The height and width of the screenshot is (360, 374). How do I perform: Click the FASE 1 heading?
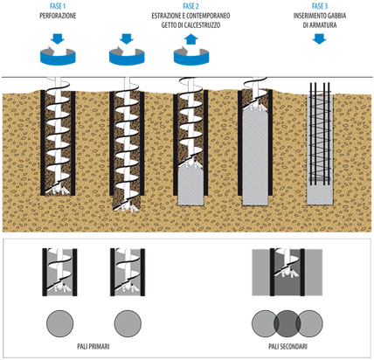pyautogui.click(x=58, y=6)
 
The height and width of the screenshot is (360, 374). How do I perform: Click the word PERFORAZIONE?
pyautogui.click(x=58, y=16)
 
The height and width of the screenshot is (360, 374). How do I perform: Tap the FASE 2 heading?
pyautogui.click(x=190, y=6)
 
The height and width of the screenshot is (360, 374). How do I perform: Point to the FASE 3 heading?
pyautogui.click(x=320, y=6)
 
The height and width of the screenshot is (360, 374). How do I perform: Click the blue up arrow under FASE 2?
pyautogui.click(x=191, y=39)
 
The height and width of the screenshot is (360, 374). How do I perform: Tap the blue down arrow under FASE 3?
pyautogui.click(x=320, y=38)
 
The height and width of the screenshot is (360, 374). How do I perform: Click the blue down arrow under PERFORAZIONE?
pyautogui.click(x=58, y=38)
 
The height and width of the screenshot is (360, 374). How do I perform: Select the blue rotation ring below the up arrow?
pyautogui.click(x=191, y=59)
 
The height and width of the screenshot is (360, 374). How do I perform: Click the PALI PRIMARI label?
pyautogui.click(x=93, y=346)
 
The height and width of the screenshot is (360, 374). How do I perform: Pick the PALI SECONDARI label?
pyautogui.click(x=287, y=346)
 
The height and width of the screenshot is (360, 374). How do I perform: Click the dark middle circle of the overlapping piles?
pyautogui.click(x=287, y=323)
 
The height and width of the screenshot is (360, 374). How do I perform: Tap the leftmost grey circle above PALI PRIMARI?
pyautogui.click(x=60, y=323)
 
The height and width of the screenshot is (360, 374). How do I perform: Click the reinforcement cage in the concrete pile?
pyautogui.click(x=320, y=134)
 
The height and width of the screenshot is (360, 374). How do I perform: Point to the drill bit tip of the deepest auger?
pyautogui.click(x=127, y=206)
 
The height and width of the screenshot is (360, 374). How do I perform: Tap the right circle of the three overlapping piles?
pyautogui.click(x=309, y=323)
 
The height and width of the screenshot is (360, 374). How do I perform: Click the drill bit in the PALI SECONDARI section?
pyautogui.click(x=287, y=273)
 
